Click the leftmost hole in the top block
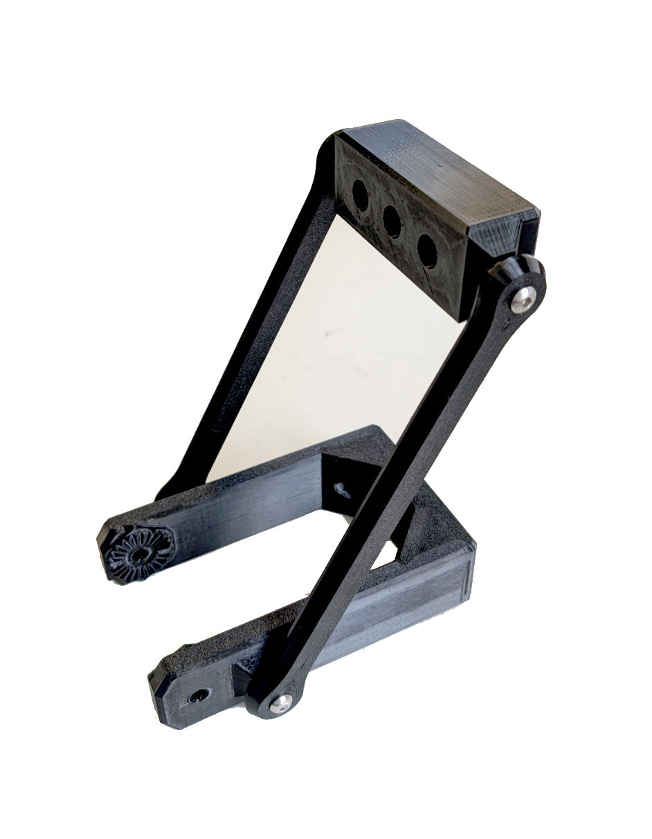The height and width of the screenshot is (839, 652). tap(361, 195)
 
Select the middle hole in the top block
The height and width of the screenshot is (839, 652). tap(392, 222)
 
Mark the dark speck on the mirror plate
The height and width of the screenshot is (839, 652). tap(323, 338)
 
